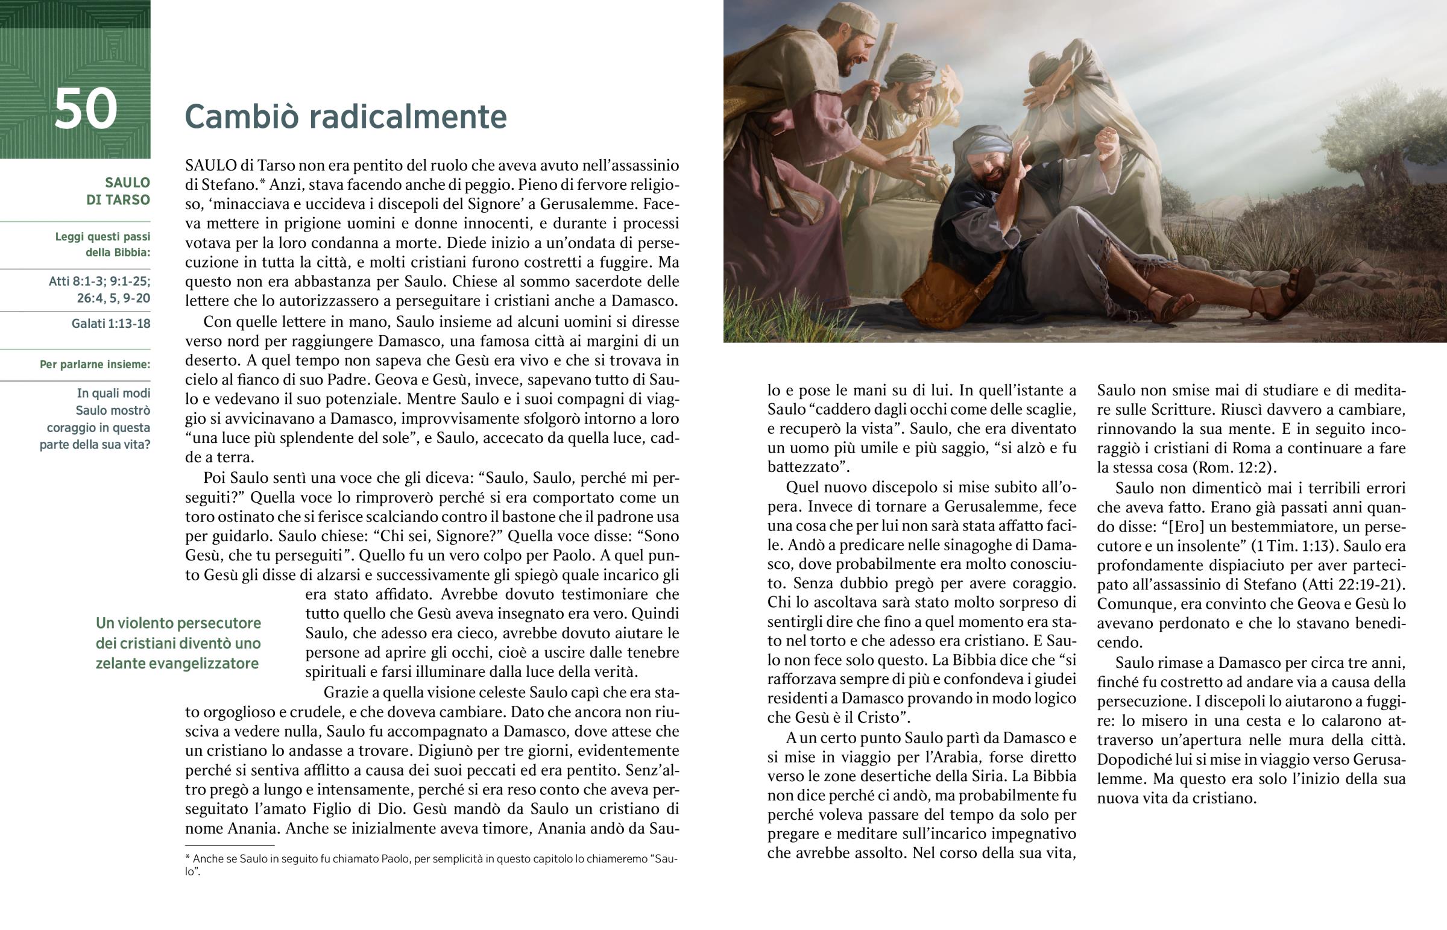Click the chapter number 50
(x=85, y=109)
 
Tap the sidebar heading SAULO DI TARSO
(x=118, y=191)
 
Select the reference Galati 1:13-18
(x=110, y=324)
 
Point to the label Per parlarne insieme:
(x=95, y=365)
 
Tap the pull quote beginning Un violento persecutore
(x=178, y=643)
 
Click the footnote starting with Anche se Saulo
(x=431, y=864)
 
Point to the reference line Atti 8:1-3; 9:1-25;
(x=99, y=281)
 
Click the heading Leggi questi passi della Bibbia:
(x=102, y=245)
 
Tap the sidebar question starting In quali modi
(x=95, y=419)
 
